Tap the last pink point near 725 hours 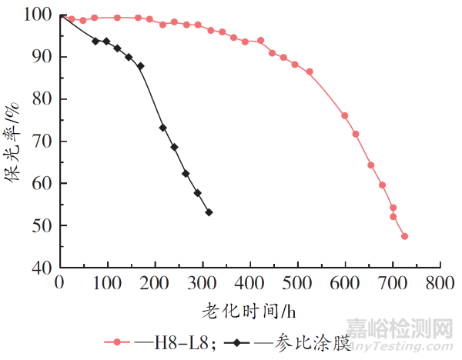pyautogui.click(x=404, y=236)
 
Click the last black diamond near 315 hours pyautogui.click(x=209, y=212)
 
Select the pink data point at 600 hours pyautogui.click(x=345, y=115)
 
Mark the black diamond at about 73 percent pyautogui.click(x=162, y=128)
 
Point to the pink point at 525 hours pyautogui.click(x=310, y=72)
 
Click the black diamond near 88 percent pyautogui.click(x=140, y=66)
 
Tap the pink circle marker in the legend pyautogui.click(x=118, y=342)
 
